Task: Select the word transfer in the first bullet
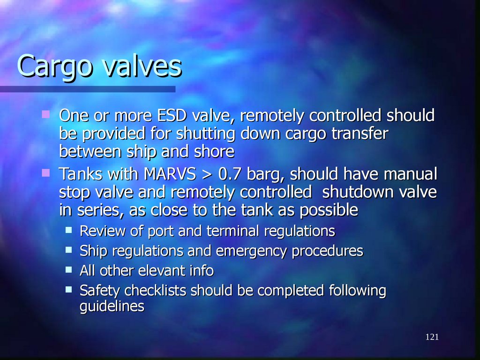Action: pos(360,134)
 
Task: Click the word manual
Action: pos(410,175)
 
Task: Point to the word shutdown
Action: pos(359,193)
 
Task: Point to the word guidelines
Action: pos(112,307)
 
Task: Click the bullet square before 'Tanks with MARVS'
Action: pos(45,173)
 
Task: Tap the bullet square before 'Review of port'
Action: pos(69,230)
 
